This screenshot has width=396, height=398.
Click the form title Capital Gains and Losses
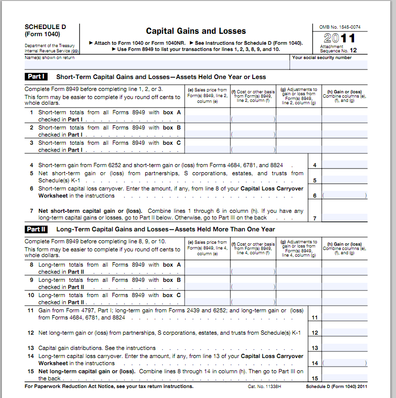coord(196,31)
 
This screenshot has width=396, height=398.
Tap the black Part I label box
coord(37,77)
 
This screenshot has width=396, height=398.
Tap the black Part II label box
coord(37,229)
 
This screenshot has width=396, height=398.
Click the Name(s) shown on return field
coord(157,64)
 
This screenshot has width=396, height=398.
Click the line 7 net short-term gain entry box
coord(344,218)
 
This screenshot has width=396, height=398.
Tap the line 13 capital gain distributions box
coord(344,348)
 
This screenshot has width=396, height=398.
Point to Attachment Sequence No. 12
coord(338,49)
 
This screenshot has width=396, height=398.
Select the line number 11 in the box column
coord(315,318)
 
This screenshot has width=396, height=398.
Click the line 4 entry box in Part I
coord(344,165)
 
